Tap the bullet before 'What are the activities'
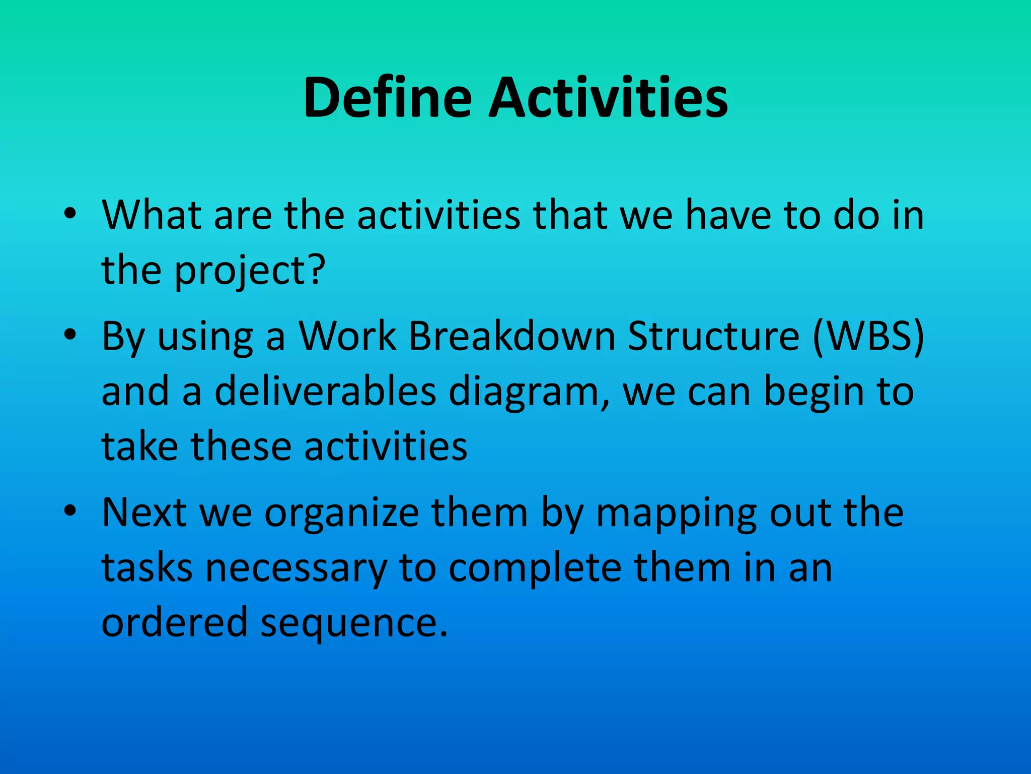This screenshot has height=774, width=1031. pyautogui.click(x=70, y=214)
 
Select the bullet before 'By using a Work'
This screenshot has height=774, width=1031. pyautogui.click(x=70, y=335)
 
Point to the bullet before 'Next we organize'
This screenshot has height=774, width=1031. pyautogui.click(x=70, y=511)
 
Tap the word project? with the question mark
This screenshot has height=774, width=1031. pyautogui.click(x=250, y=271)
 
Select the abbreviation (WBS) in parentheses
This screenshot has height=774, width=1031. pyautogui.click(x=868, y=336)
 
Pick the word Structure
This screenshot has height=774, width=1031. pyautogui.click(x=713, y=336)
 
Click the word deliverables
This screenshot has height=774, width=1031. pyautogui.click(x=325, y=392)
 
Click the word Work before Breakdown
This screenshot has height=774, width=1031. pyautogui.click(x=347, y=336)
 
